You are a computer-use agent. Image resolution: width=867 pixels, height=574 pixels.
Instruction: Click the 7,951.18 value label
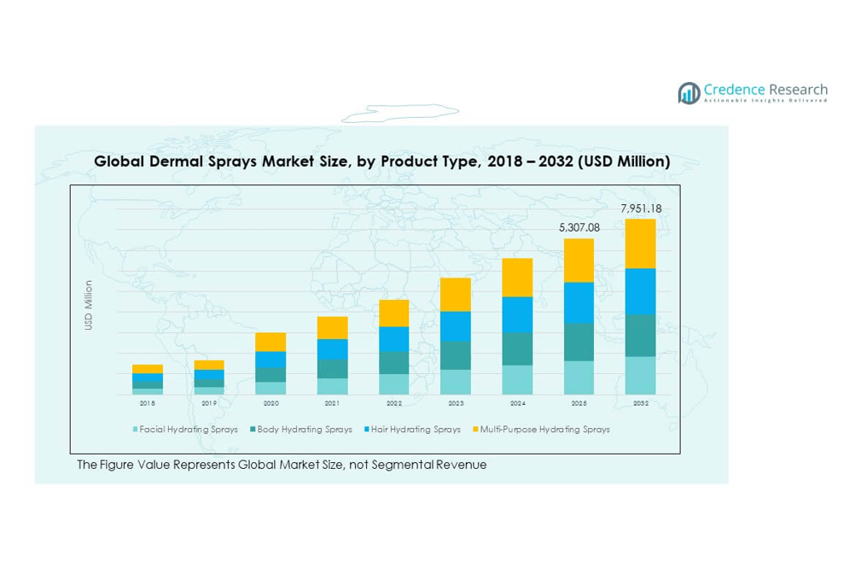[641, 209]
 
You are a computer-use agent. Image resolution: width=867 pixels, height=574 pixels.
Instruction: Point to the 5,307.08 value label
[579, 228]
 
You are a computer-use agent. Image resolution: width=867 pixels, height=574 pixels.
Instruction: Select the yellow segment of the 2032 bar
[641, 243]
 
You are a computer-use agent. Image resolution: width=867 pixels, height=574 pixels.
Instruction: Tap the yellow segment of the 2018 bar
[148, 369]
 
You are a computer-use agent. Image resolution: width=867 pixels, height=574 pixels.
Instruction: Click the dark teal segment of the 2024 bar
[517, 348]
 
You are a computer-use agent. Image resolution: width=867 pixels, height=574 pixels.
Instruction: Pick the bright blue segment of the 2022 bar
[394, 339]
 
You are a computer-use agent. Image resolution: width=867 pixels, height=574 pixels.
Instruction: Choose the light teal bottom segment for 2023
[456, 382]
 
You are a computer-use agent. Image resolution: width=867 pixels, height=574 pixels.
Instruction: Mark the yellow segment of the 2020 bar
[271, 342]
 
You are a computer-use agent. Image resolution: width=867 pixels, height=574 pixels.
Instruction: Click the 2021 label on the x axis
[332, 403]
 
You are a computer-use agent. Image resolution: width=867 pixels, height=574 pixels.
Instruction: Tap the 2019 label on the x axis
[209, 403]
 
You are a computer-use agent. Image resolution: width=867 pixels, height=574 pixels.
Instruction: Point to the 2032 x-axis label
[641, 403]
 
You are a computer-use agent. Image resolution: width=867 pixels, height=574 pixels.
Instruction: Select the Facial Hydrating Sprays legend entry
[185, 430]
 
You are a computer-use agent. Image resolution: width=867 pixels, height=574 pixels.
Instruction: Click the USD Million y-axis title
[88, 305]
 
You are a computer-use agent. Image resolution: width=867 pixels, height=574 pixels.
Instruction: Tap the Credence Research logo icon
[689, 92]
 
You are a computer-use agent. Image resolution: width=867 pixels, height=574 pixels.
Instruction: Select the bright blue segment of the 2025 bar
[579, 302]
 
